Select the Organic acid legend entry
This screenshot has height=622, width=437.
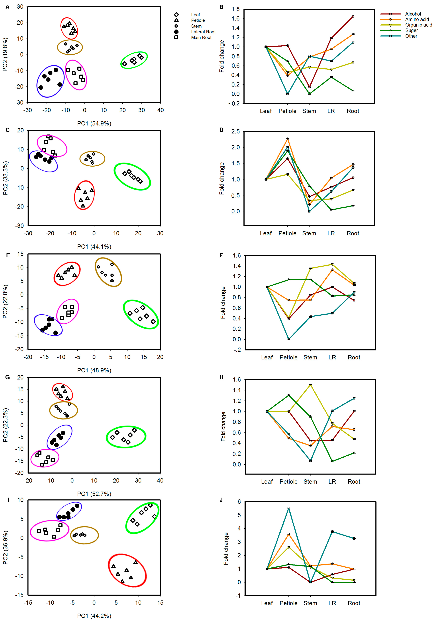(x=418, y=25)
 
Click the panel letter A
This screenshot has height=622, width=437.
(x=8, y=7)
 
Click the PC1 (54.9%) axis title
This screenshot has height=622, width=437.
(x=94, y=124)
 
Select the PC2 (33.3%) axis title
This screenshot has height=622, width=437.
(x=5, y=178)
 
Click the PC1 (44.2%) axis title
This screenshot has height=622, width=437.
(x=94, y=616)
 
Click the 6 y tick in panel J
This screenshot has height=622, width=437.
(x=239, y=502)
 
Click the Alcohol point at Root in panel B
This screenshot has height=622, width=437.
(x=353, y=17)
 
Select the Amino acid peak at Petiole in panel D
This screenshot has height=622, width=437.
(x=288, y=139)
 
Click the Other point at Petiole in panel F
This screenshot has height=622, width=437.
(x=289, y=339)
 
